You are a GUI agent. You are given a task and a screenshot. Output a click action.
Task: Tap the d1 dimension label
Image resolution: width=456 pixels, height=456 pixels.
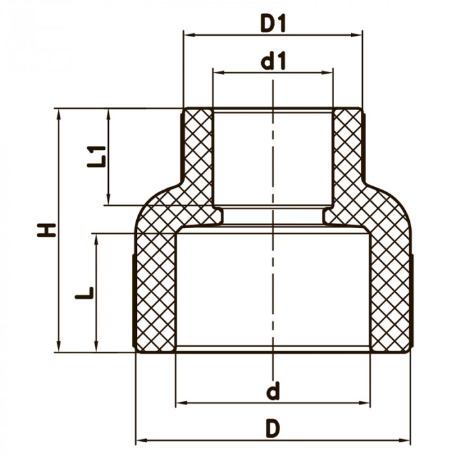pyautogui.click(x=273, y=62)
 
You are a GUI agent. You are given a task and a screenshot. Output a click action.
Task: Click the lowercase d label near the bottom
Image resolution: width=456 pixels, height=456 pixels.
pyautogui.click(x=273, y=392)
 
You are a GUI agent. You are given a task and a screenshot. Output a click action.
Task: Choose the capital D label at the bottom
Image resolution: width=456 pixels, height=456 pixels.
pyautogui.click(x=273, y=428)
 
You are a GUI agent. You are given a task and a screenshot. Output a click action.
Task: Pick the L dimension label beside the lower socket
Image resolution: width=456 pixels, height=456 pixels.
pyautogui.click(x=84, y=293)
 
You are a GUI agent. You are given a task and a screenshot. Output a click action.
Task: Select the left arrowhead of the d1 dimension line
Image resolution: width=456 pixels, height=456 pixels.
pyautogui.click(x=217, y=73)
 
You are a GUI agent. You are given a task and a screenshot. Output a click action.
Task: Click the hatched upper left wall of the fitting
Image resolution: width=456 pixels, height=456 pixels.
pyautogui.click(x=198, y=156)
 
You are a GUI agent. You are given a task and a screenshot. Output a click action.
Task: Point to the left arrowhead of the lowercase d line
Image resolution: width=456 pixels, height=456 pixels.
pyautogui.click(x=180, y=403)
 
